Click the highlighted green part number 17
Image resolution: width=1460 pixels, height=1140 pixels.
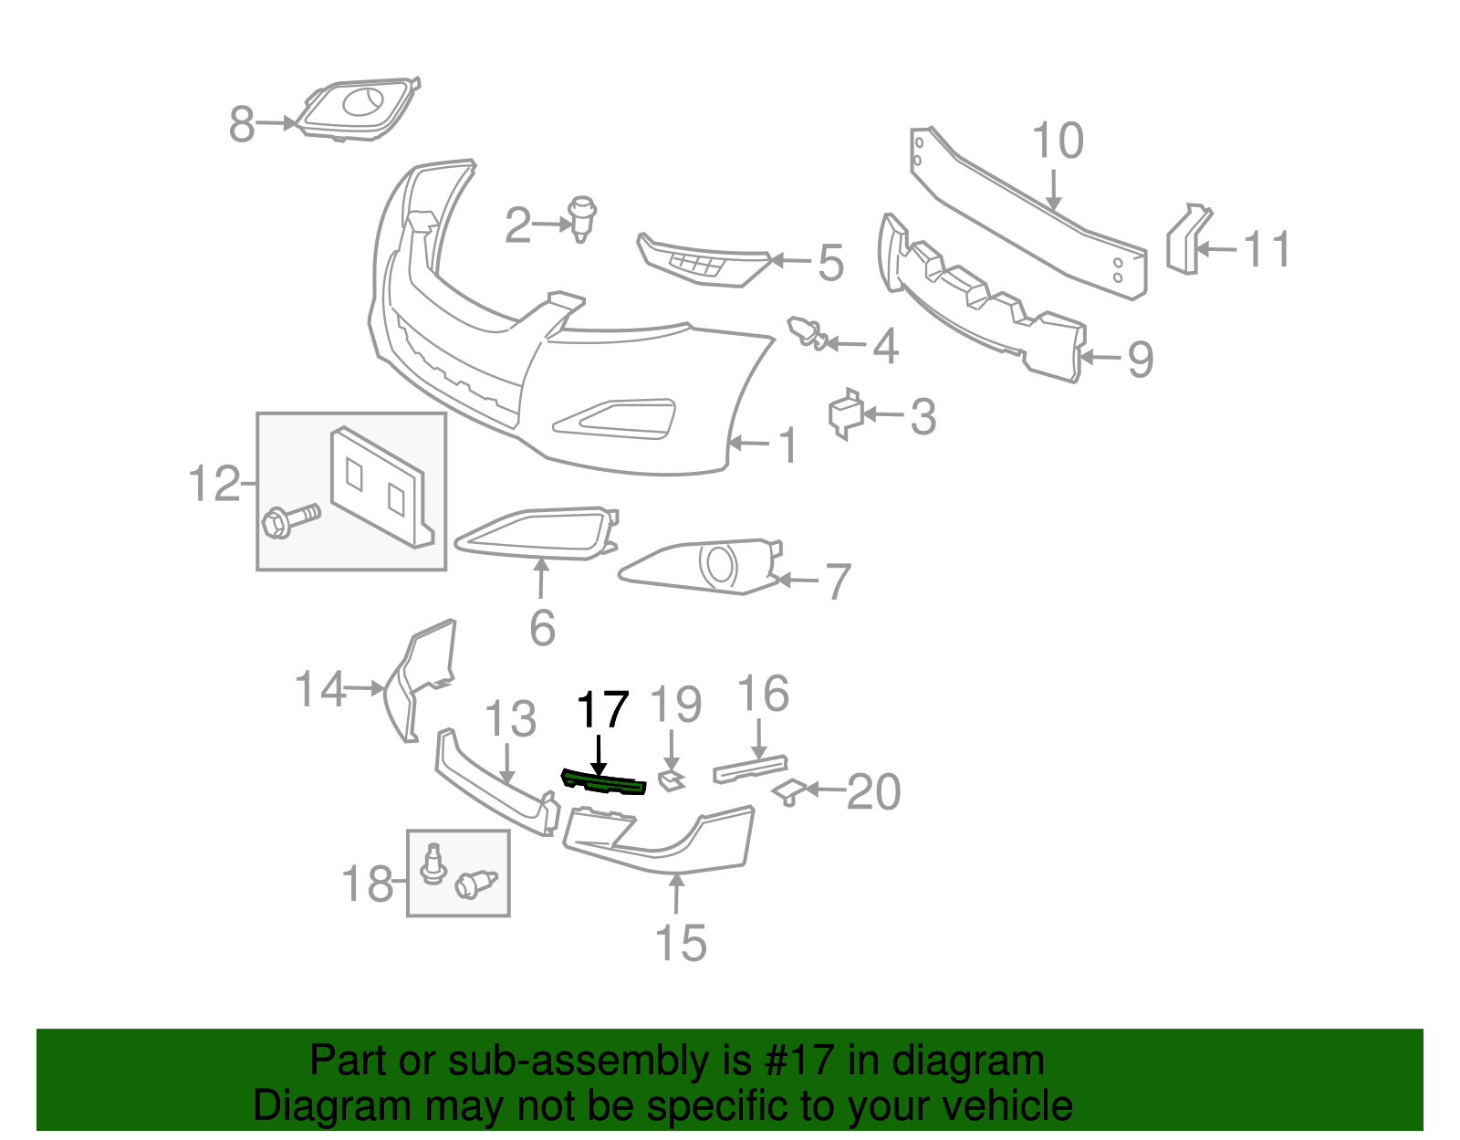[602, 782]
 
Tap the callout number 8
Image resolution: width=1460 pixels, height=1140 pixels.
[242, 124]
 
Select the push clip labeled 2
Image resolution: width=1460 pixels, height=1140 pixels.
[582, 219]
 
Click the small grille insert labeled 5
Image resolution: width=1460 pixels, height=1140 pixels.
[703, 261]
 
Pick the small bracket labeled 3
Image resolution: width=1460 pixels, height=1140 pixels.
[846, 413]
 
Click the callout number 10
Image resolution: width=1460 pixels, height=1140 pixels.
[1058, 141]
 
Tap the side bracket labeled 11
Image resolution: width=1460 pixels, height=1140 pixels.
[1189, 239]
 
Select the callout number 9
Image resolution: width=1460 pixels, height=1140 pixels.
[1141, 360]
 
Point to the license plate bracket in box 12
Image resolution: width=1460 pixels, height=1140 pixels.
[381, 488]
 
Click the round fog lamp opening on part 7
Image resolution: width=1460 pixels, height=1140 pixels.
[718, 564]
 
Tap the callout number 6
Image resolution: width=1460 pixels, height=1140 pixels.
[543, 628]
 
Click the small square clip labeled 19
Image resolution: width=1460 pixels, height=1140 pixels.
[672, 781]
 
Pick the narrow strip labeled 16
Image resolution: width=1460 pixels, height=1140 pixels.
[750, 769]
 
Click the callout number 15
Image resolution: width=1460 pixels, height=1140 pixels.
[681, 943]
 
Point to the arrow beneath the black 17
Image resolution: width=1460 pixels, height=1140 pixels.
[599, 755]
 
